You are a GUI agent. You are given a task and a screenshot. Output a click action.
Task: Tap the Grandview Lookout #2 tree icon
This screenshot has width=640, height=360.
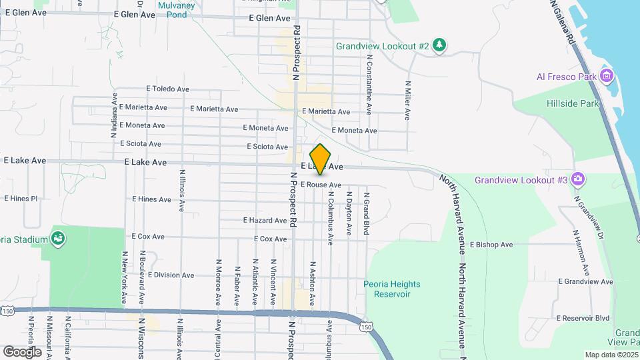click(x=439, y=45)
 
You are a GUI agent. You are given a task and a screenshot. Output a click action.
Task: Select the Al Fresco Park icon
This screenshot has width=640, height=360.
click(x=607, y=76)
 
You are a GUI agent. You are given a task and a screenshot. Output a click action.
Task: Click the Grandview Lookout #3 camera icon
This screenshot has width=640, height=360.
click(x=578, y=180)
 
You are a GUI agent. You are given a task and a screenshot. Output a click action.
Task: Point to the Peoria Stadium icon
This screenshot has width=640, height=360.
click(x=58, y=239)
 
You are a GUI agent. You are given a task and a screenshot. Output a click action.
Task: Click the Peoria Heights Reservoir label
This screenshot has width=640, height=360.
click(x=392, y=289)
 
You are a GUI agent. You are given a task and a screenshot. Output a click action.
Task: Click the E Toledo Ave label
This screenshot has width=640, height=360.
click(x=169, y=89)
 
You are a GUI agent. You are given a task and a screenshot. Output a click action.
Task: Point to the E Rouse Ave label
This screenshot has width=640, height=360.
click(x=321, y=185)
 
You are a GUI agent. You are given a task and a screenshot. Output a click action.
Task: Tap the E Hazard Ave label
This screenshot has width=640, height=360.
click(x=265, y=220)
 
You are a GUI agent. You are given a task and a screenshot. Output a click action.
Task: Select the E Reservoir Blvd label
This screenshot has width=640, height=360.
click(x=583, y=318)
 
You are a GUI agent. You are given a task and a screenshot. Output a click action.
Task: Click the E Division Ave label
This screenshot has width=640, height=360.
click(x=171, y=275)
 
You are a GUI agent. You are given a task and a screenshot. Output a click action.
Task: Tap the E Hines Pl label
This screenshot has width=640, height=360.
click(x=21, y=199)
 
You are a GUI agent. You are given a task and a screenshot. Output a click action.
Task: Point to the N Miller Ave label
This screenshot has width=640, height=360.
click(x=407, y=100)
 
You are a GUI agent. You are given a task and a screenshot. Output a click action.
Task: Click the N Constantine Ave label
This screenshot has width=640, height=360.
click(x=369, y=84)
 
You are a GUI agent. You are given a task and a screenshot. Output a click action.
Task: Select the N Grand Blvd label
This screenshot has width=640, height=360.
click(x=366, y=213)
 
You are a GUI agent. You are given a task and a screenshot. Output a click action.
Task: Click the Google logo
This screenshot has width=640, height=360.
click(x=22, y=351)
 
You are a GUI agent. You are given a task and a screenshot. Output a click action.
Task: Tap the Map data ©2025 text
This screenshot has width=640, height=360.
click(x=611, y=355)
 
